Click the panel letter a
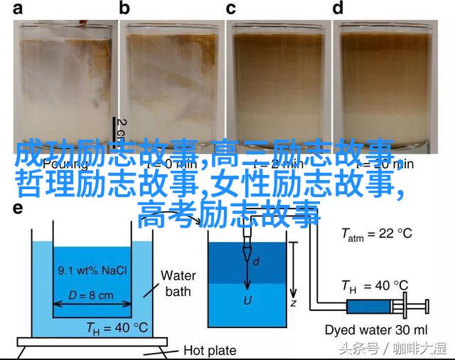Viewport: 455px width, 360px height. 18,9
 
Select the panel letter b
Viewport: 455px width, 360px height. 125,9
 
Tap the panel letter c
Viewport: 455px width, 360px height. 230,9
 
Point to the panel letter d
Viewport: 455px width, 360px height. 338,9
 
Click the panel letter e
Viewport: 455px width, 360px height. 18,209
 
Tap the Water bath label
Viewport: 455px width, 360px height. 178,283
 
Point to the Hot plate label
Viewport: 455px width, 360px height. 209,349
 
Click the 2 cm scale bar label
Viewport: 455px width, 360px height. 122,132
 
